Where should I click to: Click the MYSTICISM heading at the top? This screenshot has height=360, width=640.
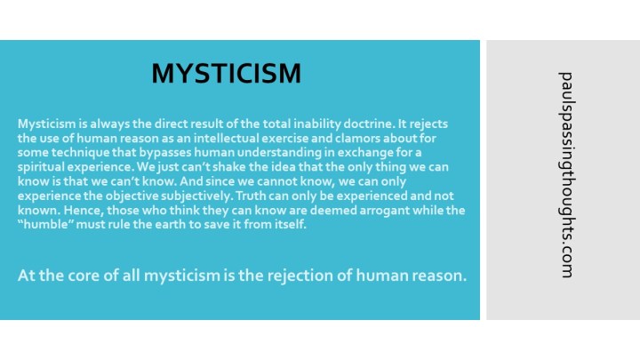point(226,73)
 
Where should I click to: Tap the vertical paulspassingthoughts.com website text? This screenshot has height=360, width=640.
point(566,174)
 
